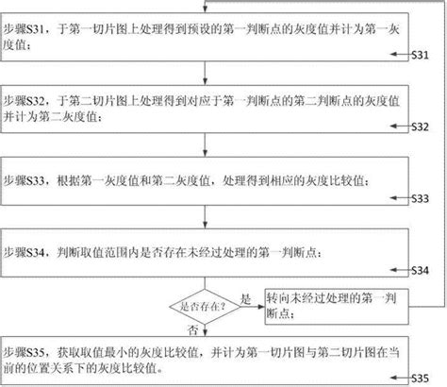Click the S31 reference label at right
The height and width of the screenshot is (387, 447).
pyautogui.click(x=421, y=55)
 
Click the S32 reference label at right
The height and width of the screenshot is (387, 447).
pyautogui.click(x=421, y=126)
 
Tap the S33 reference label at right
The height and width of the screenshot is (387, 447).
pyautogui.click(x=421, y=198)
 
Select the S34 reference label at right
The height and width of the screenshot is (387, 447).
pyautogui.click(x=421, y=270)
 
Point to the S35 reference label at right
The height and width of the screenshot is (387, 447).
pyautogui.click(x=421, y=378)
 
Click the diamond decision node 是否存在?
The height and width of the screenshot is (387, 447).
pyautogui.click(x=205, y=307)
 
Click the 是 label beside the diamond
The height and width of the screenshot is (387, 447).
pyautogui.click(x=246, y=299)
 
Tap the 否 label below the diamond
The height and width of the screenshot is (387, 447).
pyautogui.click(x=192, y=330)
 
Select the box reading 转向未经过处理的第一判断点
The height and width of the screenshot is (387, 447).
pyautogui.click(x=337, y=307)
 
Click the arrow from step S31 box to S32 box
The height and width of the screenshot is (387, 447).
pyautogui.click(x=205, y=73)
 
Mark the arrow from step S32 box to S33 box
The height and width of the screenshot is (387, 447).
pyautogui.click(x=205, y=144)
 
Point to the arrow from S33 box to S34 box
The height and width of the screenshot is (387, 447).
pyautogui.click(x=205, y=217)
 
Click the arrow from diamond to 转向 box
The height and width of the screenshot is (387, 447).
pyautogui.click(x=253, y=307)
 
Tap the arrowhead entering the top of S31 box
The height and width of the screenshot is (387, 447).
pyautogui.click(x=205, y=9)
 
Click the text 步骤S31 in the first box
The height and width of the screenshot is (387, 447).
pyautogui.click(x=24, y=29)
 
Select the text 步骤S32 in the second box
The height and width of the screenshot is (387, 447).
pyautogui.click(x=24, y=101)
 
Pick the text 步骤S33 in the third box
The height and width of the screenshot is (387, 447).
pyautogui.click(x=24, y=181)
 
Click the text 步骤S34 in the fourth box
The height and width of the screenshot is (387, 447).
pyautogui.click(x=24, y=253)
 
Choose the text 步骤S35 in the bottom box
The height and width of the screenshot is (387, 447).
pyautogui.click(x=24, y=352)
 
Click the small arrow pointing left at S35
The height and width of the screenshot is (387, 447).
pyautogui.click(x=401, y=378)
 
